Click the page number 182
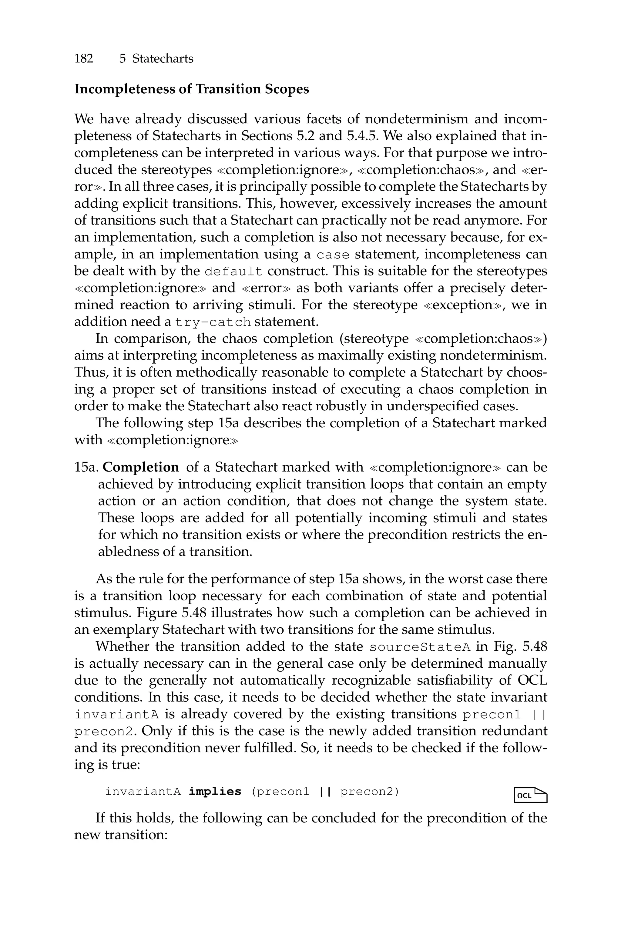pos(84,59)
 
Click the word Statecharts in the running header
pos(163,59)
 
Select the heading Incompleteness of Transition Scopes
pos(191,89)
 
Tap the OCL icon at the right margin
pos(530,795)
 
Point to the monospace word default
pos(234,272)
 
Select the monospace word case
pos(333,255)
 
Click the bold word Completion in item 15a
pos(141,467)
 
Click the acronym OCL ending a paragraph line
pos(532,681)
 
